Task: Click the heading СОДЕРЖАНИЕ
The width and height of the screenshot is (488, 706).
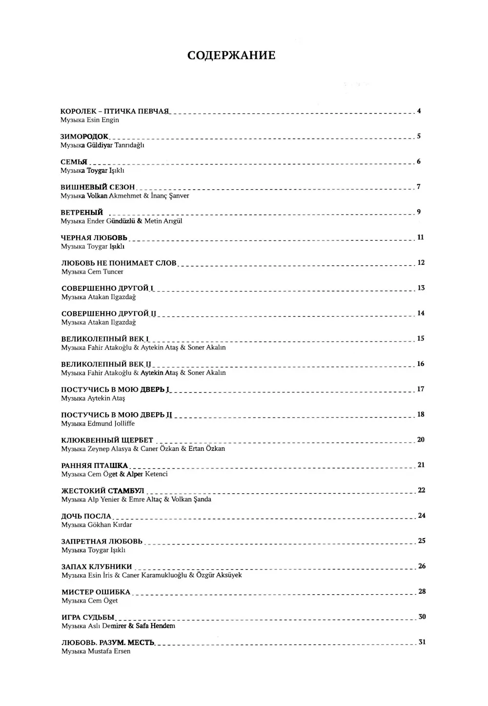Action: (x=231, y=56)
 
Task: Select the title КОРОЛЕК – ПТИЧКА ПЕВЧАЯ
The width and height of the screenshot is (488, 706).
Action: (x=115, y=111)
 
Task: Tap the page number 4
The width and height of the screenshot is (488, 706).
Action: (x=419, y=111)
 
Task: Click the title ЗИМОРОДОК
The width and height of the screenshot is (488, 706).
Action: (x=84, y=137)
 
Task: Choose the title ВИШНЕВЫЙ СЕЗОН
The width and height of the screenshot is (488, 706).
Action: (x=98, y=187)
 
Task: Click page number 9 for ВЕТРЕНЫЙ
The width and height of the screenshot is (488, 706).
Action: (x=419, y=212)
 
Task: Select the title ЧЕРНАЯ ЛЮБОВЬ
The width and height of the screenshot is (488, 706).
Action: (x=94, y=238)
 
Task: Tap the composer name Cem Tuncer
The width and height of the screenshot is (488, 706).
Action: (x=105, y=272)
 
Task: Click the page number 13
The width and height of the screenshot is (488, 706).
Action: (x=421, y=288)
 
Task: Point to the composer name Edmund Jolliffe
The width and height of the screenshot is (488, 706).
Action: (x=111, y=424)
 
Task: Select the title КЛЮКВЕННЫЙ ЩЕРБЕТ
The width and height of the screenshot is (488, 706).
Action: (x=107, y=440)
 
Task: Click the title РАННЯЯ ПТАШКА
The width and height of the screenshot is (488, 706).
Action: (x=95, y=465)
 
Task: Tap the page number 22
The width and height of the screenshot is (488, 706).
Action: (x=422, y=490)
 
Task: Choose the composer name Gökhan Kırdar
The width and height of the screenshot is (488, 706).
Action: (x=110, y=525)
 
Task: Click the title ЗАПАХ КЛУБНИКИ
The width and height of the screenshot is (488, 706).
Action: (x=97, y=567)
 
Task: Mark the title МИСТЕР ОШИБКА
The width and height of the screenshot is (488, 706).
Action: (x=96, y=592)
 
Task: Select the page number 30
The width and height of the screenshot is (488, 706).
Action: (x=422, y=617)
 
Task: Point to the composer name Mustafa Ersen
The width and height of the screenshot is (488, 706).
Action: (x=109, y=651)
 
